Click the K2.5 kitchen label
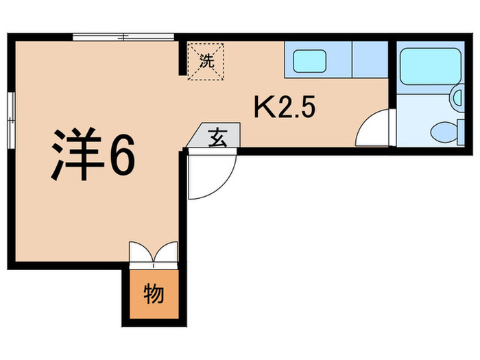point(285,108)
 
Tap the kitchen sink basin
point(313,60)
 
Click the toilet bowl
point(442,130)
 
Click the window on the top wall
point(123,36)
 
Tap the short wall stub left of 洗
point(183,58)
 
